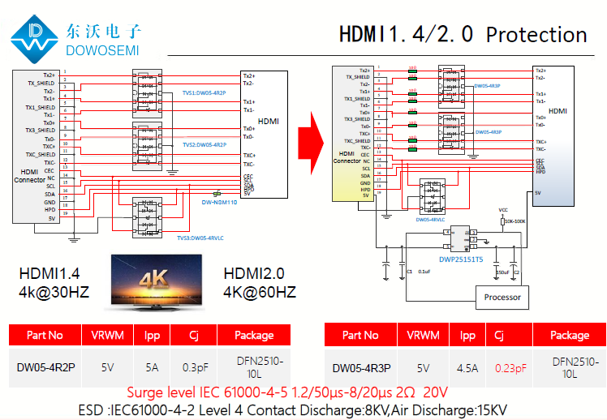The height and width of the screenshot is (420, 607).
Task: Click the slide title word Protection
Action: [x=536, y=35]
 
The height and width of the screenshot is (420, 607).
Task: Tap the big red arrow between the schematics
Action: [x=312, y=133]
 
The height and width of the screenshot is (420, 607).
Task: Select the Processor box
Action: [x=502, y=298]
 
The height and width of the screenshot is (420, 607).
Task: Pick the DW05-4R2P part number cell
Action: [x=45, y=366]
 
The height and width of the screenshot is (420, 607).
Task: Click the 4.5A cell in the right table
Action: [x=467, y=367]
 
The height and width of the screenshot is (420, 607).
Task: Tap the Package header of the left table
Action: [x=254, y=335]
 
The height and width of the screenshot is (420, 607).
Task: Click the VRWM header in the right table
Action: [x=423, y=335]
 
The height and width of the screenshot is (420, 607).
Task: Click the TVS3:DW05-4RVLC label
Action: [x=200, y=238]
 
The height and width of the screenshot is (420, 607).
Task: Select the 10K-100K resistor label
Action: [x=514, y=221]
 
